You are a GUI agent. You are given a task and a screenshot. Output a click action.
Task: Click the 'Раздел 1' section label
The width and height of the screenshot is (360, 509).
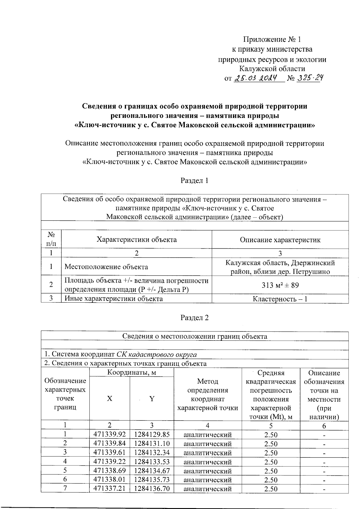(194, 181)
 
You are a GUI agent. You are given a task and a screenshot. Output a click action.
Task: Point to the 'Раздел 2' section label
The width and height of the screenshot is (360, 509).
(194, 318)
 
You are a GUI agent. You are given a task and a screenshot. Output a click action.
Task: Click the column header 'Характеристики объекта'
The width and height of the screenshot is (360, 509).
(136, 239)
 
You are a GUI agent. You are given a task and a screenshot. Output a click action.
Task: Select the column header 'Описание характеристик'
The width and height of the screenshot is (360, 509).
(280, 240)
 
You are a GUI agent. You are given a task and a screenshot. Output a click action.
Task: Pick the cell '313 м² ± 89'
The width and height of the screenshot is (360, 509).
(280, 285)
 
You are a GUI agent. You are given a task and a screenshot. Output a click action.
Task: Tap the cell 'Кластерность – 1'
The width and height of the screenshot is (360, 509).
(280, 299)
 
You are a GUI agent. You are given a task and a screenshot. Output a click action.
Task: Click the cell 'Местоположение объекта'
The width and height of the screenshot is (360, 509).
(106, 267)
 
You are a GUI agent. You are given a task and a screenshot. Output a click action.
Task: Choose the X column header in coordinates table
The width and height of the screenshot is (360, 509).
(110, 399)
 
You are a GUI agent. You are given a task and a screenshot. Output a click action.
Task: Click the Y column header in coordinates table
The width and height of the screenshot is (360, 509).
(152, 399)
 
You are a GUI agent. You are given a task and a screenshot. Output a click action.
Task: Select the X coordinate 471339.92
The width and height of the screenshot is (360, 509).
(109, 435)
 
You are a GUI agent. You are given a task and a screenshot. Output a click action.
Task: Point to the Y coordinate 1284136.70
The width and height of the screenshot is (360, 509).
(152, 489)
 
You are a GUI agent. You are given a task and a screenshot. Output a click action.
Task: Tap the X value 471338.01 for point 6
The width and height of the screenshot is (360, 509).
(109, 480)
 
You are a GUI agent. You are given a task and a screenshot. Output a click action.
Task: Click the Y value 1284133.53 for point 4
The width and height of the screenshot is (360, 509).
(152, 462)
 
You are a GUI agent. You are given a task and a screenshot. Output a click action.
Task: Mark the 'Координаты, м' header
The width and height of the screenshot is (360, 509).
(131, 373)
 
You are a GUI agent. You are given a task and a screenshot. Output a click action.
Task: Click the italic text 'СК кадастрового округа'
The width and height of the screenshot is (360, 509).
(157, 355)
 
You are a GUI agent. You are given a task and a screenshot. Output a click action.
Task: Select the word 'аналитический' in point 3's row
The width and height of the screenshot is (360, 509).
(207, 453)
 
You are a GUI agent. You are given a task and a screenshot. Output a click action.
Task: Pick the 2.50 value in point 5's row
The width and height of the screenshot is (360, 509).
(271, 471)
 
